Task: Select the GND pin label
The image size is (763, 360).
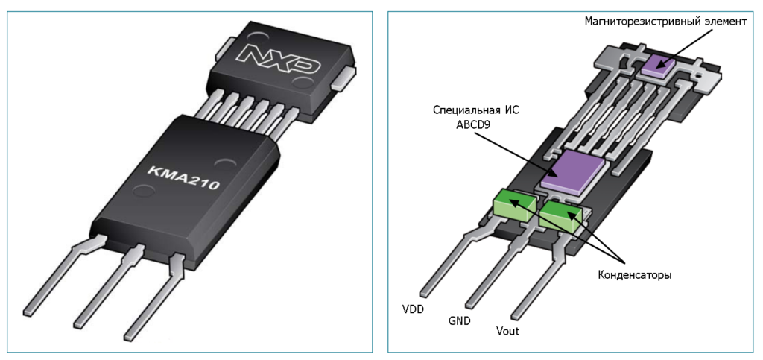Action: (x=460, y=321)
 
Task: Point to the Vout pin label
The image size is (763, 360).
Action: (x=507, y=331)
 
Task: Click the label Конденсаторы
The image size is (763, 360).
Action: (x=635, y=274)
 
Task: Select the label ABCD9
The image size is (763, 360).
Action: (x=477, y=124)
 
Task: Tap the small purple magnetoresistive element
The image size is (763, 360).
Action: (x=657, y=65)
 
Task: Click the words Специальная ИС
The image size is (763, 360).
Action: (x=475, y=110)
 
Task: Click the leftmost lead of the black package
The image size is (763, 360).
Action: (x=60, y=276)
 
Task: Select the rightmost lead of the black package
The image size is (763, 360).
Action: (x=153, y=298)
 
